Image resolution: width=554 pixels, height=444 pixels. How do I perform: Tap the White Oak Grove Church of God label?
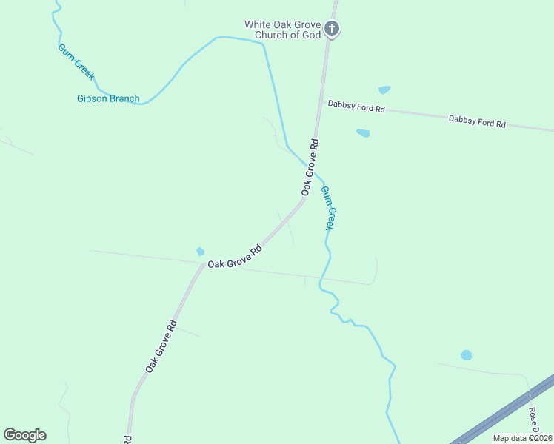(283, 30)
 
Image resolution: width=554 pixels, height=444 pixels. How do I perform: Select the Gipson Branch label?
(108, 98)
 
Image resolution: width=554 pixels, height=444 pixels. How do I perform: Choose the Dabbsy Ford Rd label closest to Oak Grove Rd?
(356, 108)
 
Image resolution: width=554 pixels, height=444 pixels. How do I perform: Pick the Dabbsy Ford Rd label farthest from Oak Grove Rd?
(477, 121)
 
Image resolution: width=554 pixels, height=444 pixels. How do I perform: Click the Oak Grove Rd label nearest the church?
(310, 167)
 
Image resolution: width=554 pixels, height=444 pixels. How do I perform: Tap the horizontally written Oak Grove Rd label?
(236, 258)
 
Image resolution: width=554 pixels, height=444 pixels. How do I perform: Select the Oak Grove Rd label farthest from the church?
(161, 346)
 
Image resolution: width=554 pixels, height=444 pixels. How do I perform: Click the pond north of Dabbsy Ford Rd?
(384, 90)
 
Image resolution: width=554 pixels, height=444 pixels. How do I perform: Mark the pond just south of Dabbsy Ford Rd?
(362, 133)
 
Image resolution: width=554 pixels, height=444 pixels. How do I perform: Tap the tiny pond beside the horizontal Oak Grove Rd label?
(200, 252)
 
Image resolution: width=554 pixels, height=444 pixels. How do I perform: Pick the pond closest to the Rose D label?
(466, 355)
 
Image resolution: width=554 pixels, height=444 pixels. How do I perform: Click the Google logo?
(24, 435)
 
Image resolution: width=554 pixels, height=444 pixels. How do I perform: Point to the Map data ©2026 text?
(522, 438)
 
